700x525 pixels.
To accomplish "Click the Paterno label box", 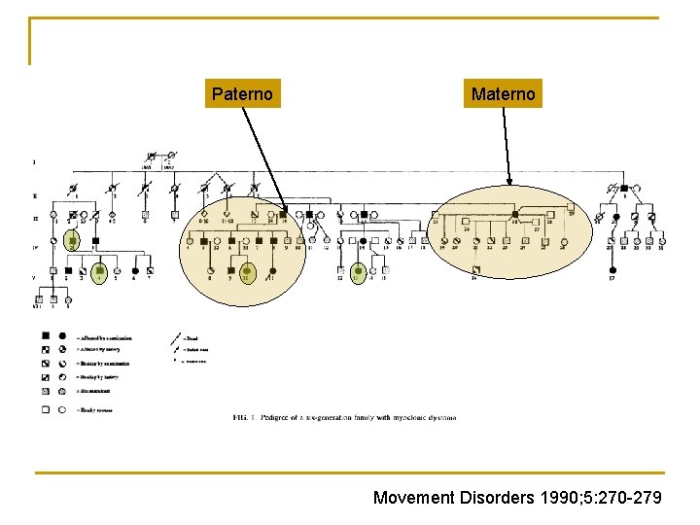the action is point(242,93).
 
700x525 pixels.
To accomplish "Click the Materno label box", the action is point(503,93).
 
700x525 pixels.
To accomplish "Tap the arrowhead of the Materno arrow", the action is point(510,186).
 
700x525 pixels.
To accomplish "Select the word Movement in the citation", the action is point(413,498).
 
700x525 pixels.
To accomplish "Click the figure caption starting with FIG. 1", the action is point(344,417).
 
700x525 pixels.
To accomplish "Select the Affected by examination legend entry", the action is point(107,338).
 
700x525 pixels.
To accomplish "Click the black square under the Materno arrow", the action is point(514,210).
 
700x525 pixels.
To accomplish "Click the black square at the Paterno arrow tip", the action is point(283,213).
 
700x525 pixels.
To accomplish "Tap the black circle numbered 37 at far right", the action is point(612,269).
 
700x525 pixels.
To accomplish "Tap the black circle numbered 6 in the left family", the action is point(135,270).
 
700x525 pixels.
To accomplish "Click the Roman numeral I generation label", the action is point(35,161).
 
